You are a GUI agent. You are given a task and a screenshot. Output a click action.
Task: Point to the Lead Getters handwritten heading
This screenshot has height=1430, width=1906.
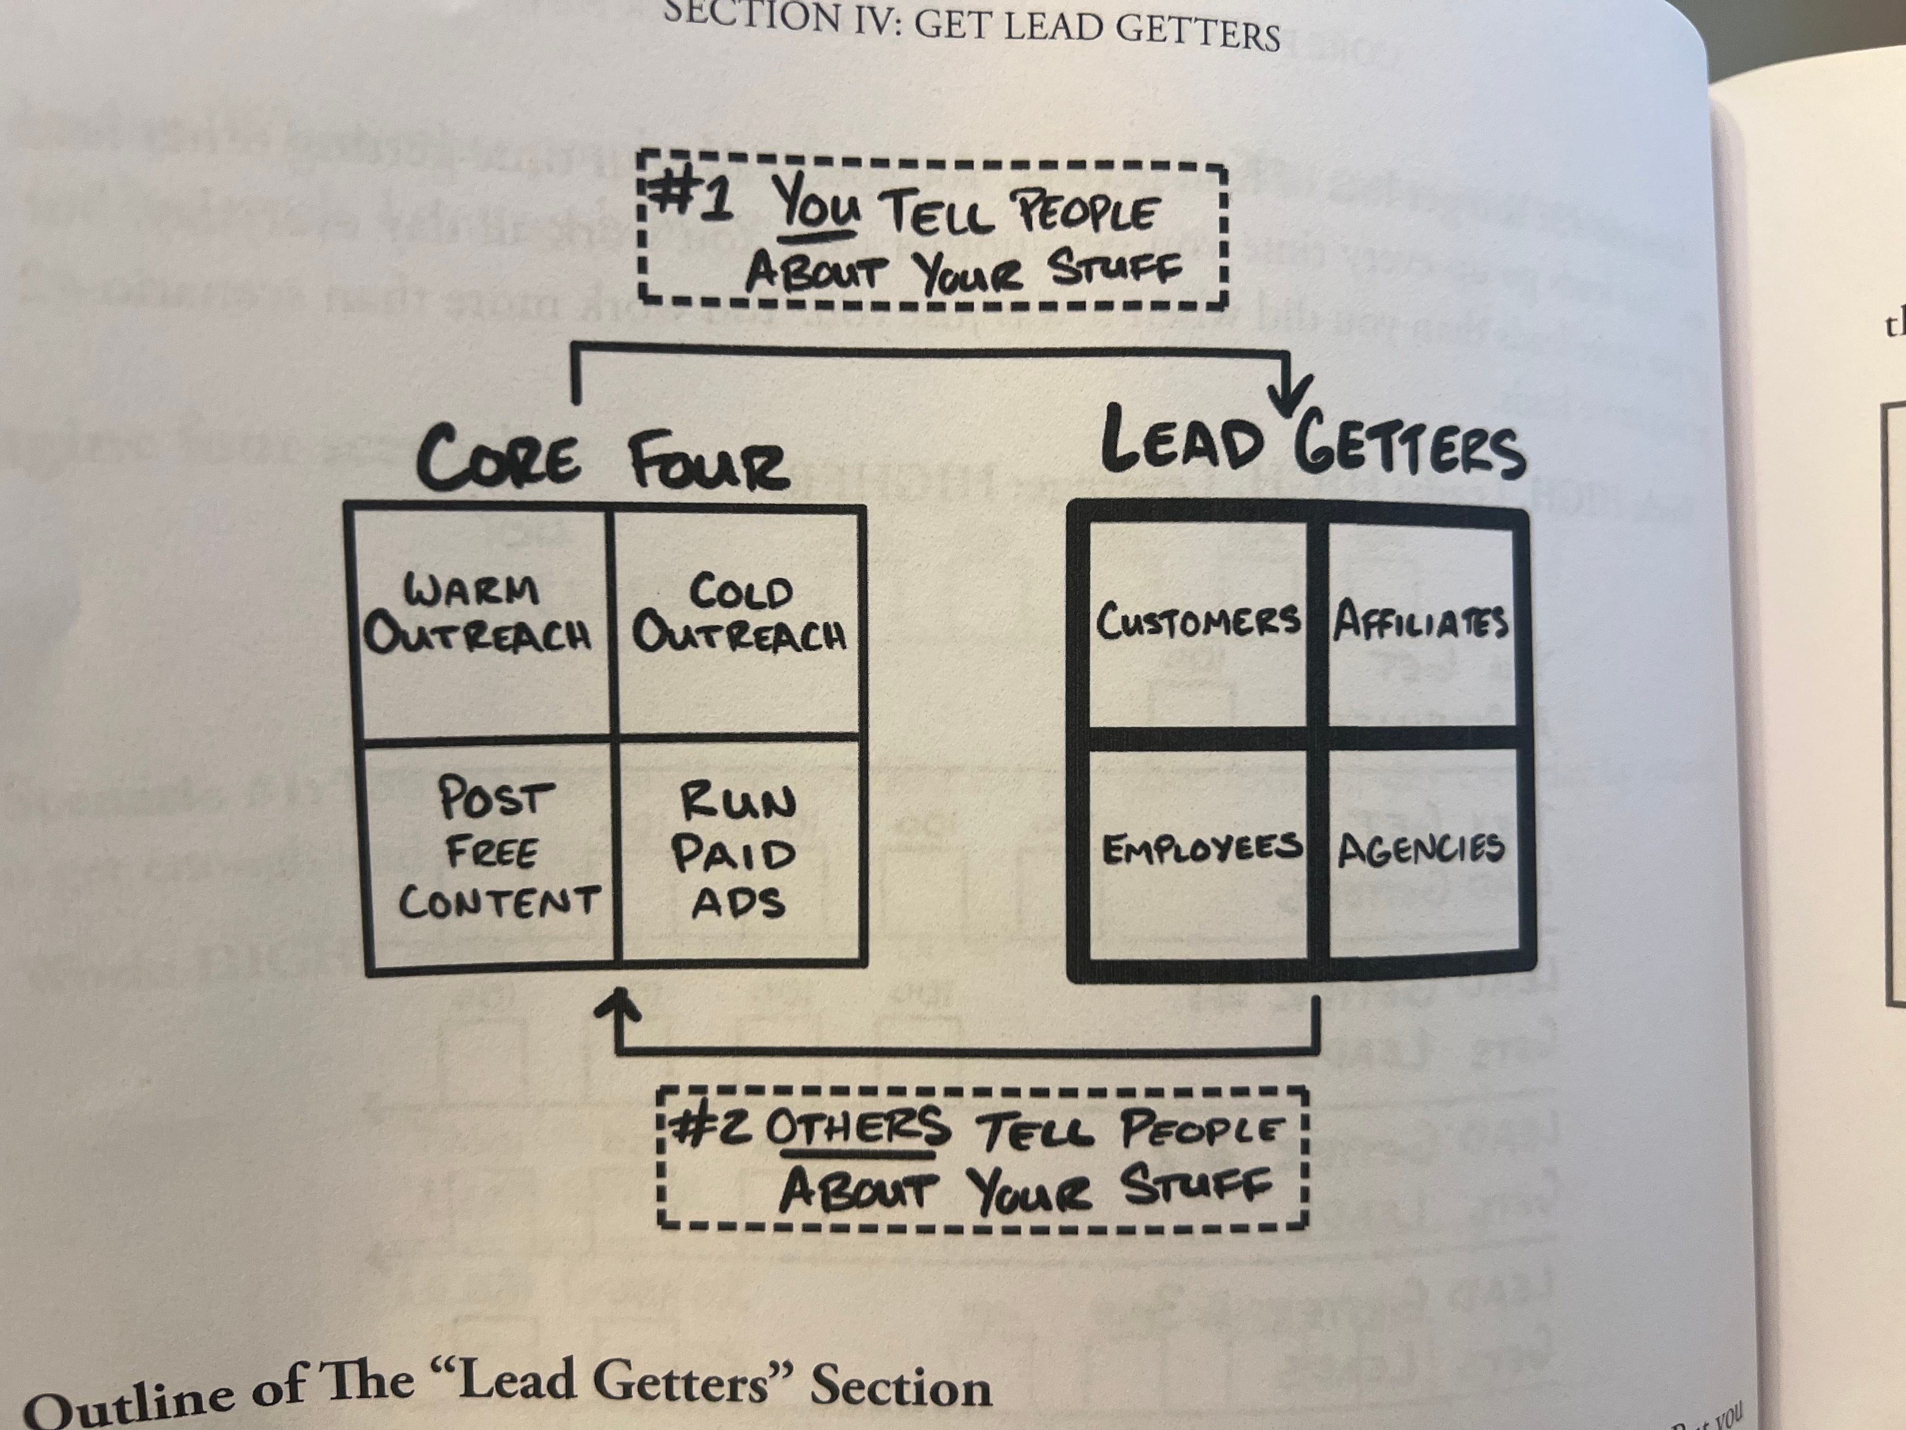(x=1314, y=448)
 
